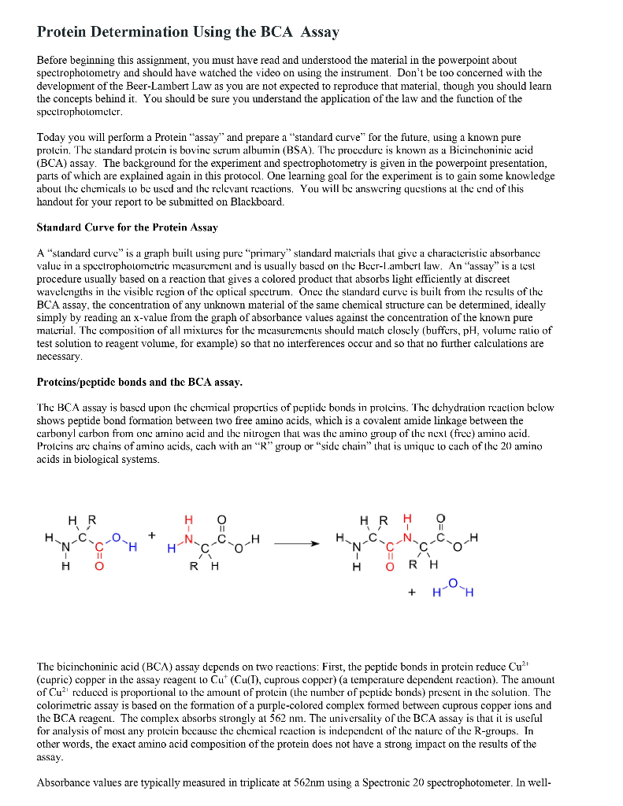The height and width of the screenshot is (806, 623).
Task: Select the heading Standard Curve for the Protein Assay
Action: pyautogui.click(x=127, y=227)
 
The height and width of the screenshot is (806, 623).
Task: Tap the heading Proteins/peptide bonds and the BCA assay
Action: pyautogui.click(x=139, y=383)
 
